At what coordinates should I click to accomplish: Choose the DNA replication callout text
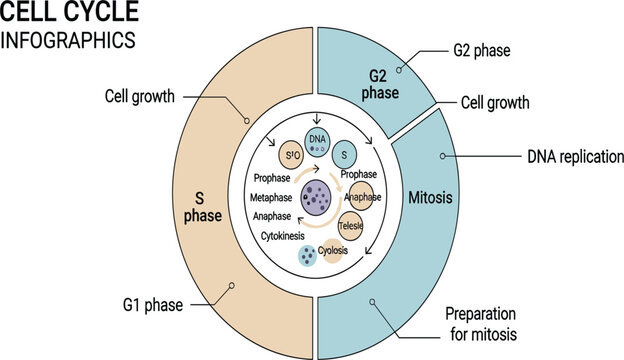tap(575, 157)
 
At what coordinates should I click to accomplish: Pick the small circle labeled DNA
tap(317, 142)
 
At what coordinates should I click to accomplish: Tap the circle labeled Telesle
tap(351, 226)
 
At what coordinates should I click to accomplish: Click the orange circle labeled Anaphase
tap(360, 197)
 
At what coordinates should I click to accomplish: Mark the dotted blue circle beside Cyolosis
tap(309, 256)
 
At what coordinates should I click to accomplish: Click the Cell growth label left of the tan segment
tap(141, 97)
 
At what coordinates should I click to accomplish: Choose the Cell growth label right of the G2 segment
tap(494, 102)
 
